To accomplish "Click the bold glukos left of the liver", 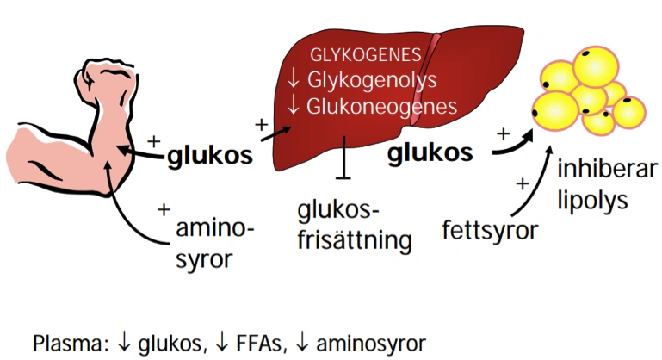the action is pos(210,156).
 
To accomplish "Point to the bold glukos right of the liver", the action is pos(430,153).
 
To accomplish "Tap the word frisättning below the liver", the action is pos(352,239).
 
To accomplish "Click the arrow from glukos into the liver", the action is pos(276,135).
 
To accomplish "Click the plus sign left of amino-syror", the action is pos(164,208).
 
